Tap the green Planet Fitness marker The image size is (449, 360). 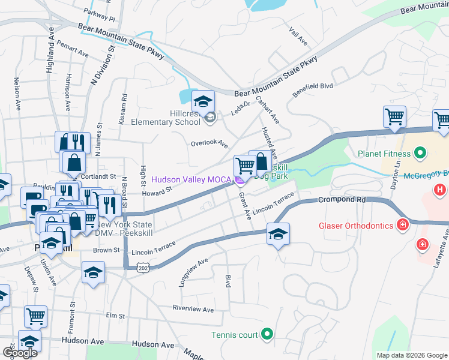coord(420,154)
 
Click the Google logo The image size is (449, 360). coord(20,352)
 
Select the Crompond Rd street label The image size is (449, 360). coord(341,199)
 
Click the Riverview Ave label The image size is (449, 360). coord(193,310)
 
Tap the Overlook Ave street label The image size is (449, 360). coord(209,144)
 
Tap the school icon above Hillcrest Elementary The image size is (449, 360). coord(203,100)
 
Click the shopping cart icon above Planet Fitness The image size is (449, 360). coord(394,116)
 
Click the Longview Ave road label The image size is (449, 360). coord(193,272)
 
